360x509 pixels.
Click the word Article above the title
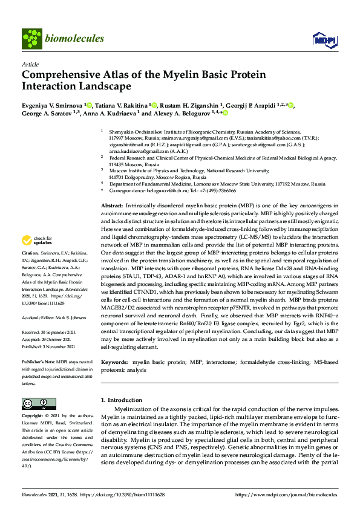30,64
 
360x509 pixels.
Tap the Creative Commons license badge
35,403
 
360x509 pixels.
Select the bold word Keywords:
114,362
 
